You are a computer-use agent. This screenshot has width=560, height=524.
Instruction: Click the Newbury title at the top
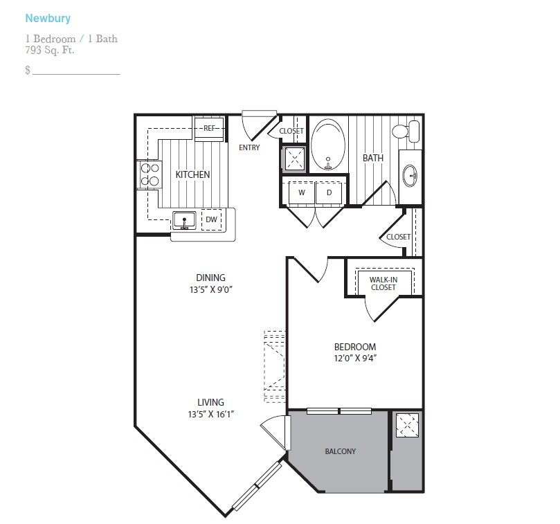click(x=48, y=19)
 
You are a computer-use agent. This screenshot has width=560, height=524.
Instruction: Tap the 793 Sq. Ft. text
click(x=50, y=50)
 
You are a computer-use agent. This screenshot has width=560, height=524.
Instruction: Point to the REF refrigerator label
click(x=209, y=128)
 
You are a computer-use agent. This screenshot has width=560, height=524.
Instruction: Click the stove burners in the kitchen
click(x=150, y=174)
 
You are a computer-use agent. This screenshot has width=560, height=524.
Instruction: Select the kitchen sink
click(x=184, y=220)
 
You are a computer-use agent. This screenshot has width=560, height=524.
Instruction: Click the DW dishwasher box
click(x=211, y=219)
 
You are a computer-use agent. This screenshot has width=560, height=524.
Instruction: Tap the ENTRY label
click(x=249, y=147)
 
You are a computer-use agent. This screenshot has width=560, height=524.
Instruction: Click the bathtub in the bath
click(x=328, y=145)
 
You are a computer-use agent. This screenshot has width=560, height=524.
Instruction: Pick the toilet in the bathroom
click(x=406, y=131)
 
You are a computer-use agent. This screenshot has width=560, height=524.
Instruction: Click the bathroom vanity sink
click(x=410, y=175)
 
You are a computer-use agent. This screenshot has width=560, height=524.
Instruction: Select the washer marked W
click(x=302, y=193)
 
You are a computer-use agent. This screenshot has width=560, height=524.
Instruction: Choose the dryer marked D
click(x=329, y=193)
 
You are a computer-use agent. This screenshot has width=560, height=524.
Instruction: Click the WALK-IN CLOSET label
click(x=383, y=284)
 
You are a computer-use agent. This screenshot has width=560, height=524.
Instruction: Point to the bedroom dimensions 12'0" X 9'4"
click(x=355, y=359)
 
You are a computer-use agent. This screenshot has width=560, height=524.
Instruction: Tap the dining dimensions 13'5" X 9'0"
click(x=211, y=289)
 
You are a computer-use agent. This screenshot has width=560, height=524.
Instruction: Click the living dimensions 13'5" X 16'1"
click(x=210, y=414)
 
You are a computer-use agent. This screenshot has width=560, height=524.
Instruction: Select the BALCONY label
click(x=341, y=451)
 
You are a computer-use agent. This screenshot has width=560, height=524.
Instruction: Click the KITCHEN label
click(x=192, y=174)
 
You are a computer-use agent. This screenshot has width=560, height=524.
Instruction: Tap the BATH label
click(x=373, y=158)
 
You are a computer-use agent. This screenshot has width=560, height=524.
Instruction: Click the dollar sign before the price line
click(x=28, y=70)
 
